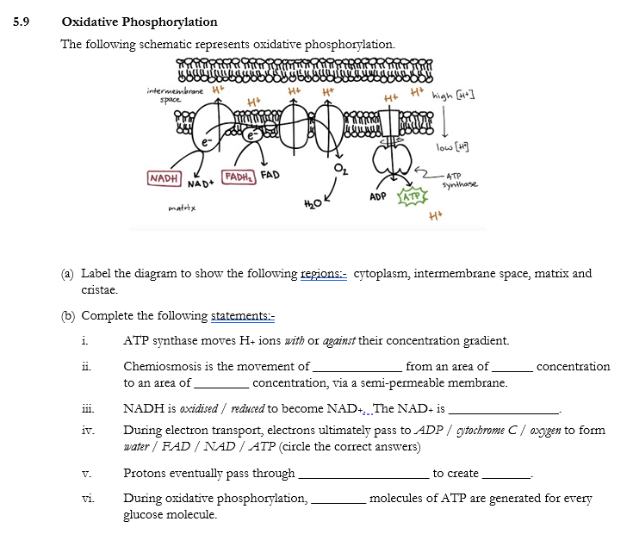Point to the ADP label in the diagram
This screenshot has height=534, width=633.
[x=377, y=196]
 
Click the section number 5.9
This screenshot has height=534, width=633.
[x=22, y=22]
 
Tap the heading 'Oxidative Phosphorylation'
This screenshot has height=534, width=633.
[x=140, y=22]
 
